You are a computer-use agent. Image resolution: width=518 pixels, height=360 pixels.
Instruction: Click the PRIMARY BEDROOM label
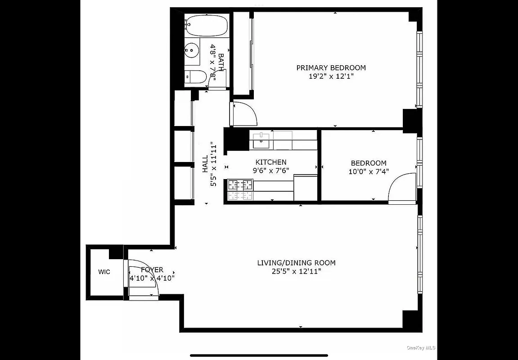tap(331, 68)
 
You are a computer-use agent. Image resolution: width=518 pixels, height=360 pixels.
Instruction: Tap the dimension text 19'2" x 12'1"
tap(331, 76)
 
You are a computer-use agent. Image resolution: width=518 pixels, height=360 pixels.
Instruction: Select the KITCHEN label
tap(270, 162)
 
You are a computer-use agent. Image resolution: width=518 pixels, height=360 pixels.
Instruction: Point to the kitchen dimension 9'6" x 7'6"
tap(270, 171)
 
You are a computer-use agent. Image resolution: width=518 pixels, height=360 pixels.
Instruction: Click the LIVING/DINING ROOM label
tap(296, 263)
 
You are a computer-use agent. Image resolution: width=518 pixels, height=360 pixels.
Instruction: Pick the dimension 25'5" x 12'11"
tap(296, 271)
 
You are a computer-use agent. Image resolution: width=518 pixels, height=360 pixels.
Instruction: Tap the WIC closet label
tap(104, 272)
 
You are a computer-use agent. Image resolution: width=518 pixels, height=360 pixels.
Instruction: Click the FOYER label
tap(152, 270)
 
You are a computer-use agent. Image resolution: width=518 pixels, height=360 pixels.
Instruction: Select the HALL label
tap(205, 164)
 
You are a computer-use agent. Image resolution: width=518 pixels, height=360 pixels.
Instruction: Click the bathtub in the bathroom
tap(207, 27)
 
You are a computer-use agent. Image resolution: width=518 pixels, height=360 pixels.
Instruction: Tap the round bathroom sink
tap(193, 50)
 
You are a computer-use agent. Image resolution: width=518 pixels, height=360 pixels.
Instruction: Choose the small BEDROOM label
tap(368, 163)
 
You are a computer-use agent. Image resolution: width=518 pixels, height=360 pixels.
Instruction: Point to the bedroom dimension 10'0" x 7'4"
tap(368, 171)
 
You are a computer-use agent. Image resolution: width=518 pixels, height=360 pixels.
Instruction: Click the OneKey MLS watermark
tap(421, 347)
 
